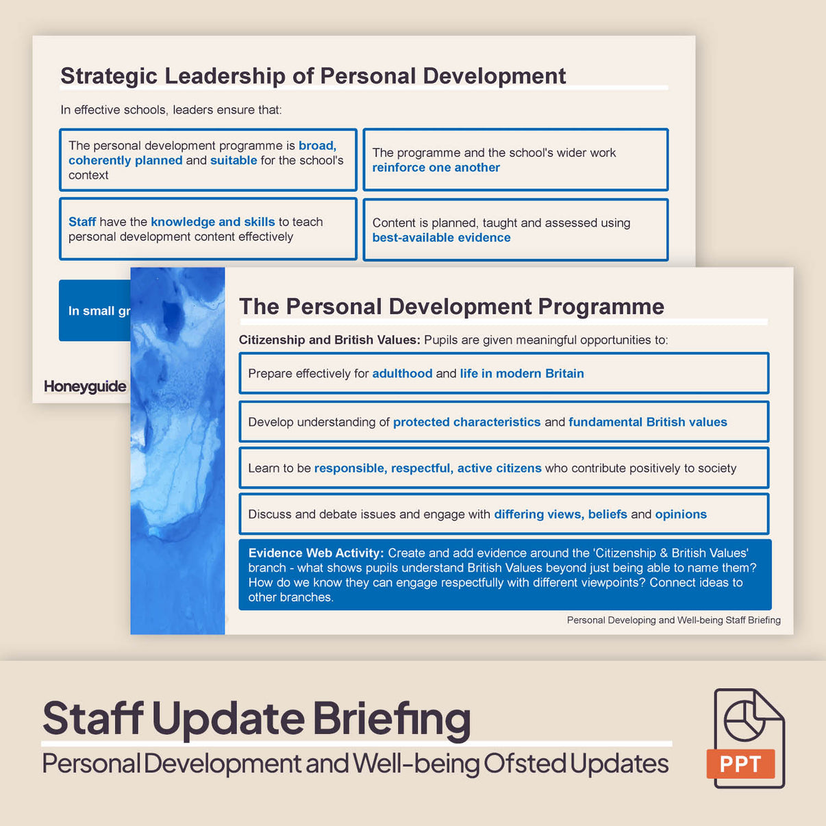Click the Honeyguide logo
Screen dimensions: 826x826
point(85,386)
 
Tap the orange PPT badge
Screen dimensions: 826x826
point(740,764)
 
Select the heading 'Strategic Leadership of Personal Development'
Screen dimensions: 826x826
point(313,76)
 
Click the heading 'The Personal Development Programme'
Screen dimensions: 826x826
point(451,307)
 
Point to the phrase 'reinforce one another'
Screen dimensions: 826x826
point(436,168)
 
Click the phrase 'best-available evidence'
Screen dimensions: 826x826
point(442,238)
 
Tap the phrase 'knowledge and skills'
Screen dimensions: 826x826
point(212,222)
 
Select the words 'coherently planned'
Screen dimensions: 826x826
point(125,160)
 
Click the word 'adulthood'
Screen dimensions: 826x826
point(402,373)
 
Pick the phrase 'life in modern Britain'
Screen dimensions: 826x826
point(522,373)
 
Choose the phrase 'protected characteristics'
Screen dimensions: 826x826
point(466,422)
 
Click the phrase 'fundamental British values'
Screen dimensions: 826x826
point(647,422)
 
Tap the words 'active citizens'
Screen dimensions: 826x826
point(499,468)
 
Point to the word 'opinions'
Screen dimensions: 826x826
point(681,514)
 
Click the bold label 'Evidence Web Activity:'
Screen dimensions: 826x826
point(316,553)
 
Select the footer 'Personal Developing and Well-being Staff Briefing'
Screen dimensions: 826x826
point(673,620)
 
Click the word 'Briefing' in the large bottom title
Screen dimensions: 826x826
point(392,718)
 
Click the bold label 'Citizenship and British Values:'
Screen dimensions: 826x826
point(329,340)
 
